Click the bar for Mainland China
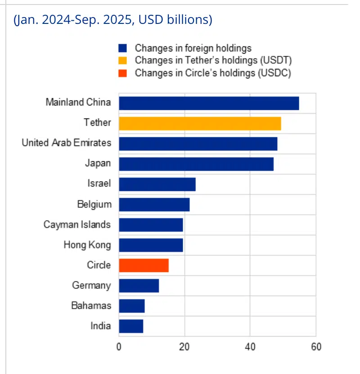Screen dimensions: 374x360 [x=209, y=103]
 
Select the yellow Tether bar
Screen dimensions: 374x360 [x=200, y=123]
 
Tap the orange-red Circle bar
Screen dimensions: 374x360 [x=144, y=265]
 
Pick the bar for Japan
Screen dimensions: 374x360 [x=196, y=164]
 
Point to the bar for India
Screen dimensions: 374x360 [x=131, y=326]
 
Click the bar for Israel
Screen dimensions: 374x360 [x=157, y=184]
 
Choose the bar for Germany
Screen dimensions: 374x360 [x=139, y=285]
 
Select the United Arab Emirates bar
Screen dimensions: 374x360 [x=198, y=143]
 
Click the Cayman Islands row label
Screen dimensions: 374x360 [x=77, y=224]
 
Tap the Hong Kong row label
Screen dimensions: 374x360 [x=87, y=245]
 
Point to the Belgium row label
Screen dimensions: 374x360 [x=94, y=204]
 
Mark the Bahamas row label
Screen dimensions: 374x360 [x=91, y=306]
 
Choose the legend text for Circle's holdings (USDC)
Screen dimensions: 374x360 [x=213, y=73]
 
